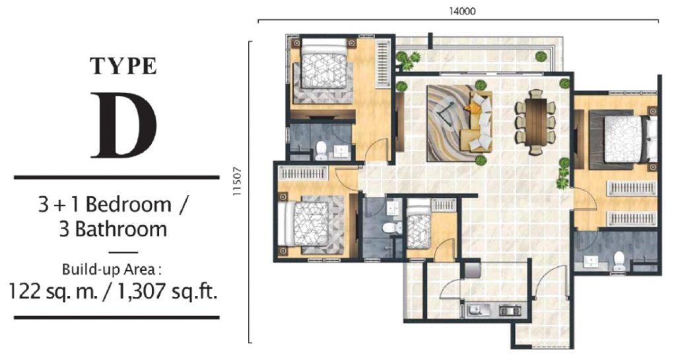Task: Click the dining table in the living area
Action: click(x=535, y=121)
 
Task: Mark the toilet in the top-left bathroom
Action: click(x=320, y=149)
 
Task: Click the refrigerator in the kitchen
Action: click(x=472, y=270)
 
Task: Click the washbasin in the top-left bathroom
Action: click(x=341, y=151)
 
